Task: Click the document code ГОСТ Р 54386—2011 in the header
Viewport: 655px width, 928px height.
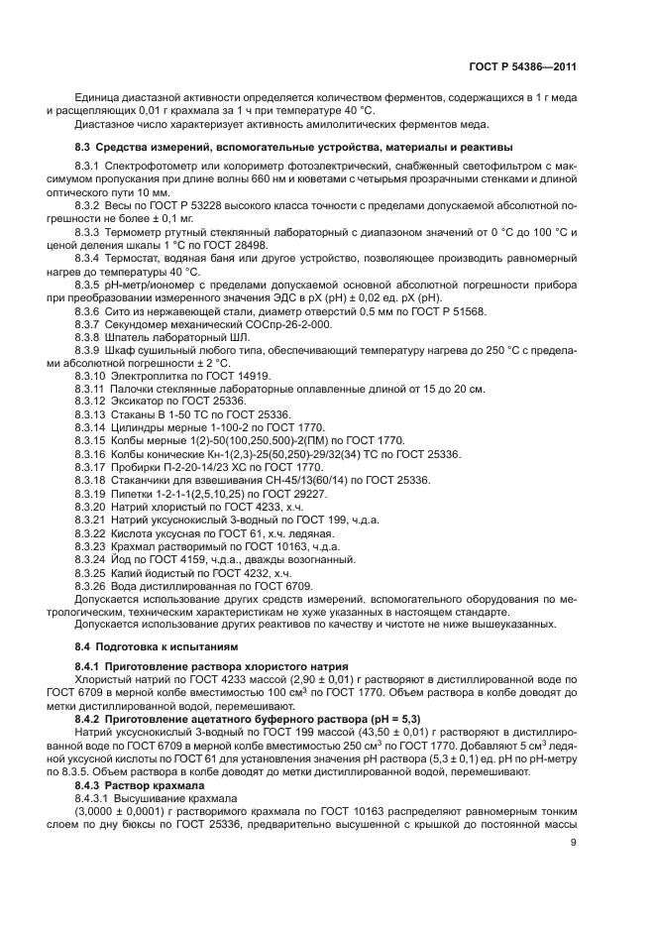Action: [x=522, y=65]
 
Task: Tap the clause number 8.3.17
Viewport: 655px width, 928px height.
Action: [x=90, y=466]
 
